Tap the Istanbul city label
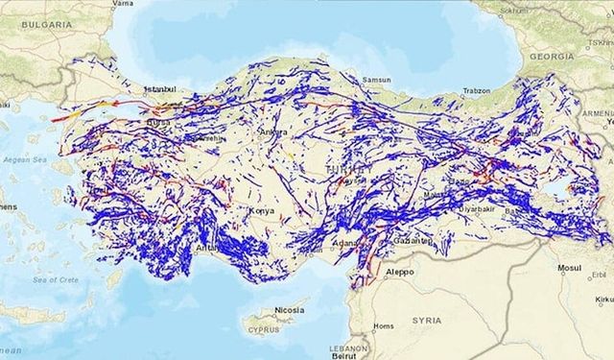pos(161,89)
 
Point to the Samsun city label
pos(377,80)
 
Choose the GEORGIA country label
pos(551,57)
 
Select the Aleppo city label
pos(400,272)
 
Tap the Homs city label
pos(384,326)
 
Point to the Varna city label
pos(123,4)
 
